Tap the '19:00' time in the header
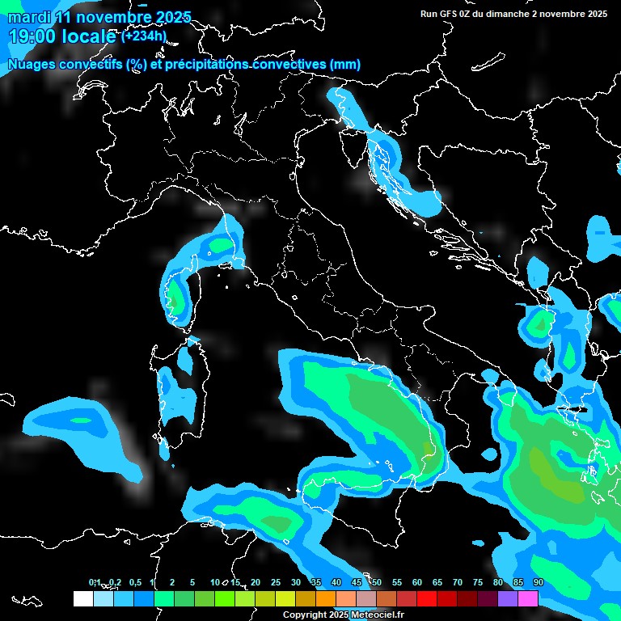(x=32, y=36)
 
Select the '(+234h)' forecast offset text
(x=144, y=36)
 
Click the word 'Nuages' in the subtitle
(x=32, y=65)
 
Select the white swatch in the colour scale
(x=82, y=599)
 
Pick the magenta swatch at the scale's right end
(x=528, y=599)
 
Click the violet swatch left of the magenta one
(x=508, y=599)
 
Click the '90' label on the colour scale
(x=539, y=583)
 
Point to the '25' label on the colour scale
(x=276, y=583)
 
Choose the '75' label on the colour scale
(x=478, y=583)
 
